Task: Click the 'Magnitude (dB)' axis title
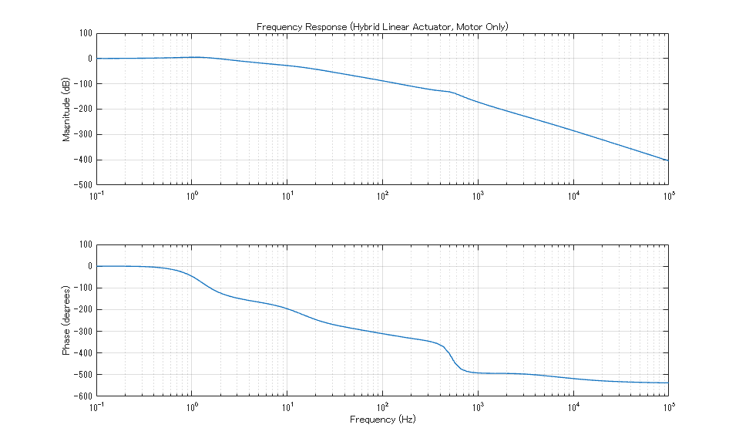66,109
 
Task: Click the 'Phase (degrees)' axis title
66,320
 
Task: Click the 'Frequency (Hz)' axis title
382,420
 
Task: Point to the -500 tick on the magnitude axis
80,185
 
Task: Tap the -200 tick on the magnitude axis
80,110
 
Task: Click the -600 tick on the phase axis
80,396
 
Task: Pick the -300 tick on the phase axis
80,332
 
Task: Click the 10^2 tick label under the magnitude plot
381,196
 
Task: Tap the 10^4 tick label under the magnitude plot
573,196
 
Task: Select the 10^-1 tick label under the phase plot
96,406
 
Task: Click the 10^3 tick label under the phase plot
477,406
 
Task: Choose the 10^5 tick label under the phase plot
667,406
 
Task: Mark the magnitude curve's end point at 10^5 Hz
667,160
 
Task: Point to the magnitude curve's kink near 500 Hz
449,92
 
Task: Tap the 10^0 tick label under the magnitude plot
192,196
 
